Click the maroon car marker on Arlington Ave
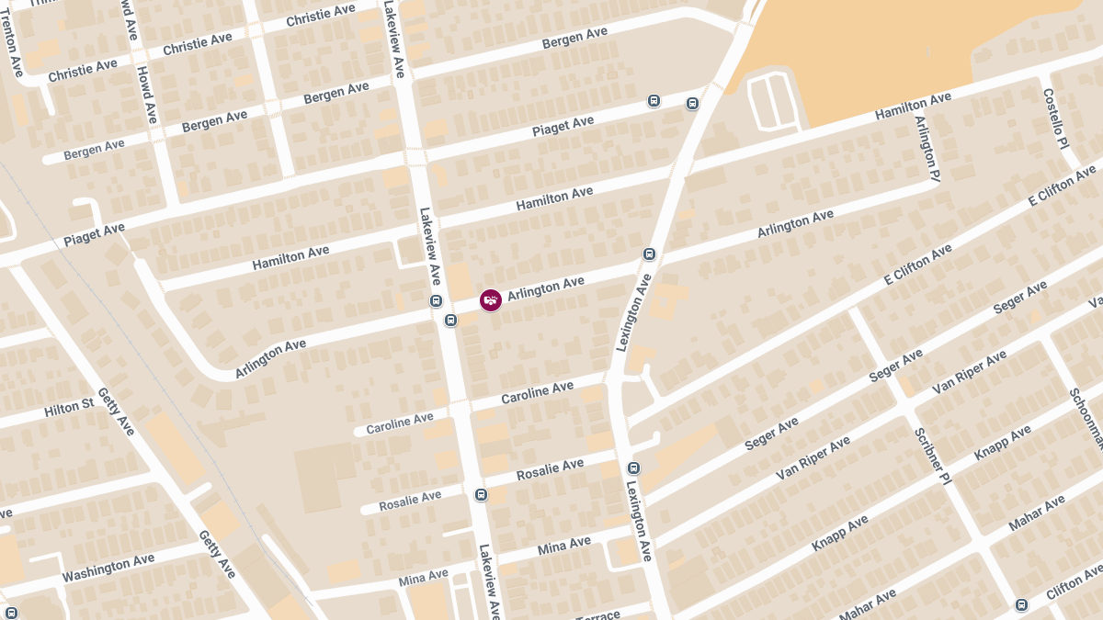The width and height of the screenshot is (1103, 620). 491,300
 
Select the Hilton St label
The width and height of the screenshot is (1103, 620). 69,407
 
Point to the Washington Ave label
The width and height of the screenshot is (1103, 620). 108,568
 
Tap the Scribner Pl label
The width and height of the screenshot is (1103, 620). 931,456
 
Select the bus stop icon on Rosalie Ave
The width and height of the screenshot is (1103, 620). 481,495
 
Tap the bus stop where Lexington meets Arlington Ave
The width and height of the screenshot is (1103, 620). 649,254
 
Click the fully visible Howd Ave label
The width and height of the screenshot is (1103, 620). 147,95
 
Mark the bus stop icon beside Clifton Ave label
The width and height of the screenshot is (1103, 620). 1021,604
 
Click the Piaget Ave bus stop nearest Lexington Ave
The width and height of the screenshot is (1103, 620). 692,104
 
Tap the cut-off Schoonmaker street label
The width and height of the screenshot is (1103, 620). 1086,419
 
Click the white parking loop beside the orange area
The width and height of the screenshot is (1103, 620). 770,102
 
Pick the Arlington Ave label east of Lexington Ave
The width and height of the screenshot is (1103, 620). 795,224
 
